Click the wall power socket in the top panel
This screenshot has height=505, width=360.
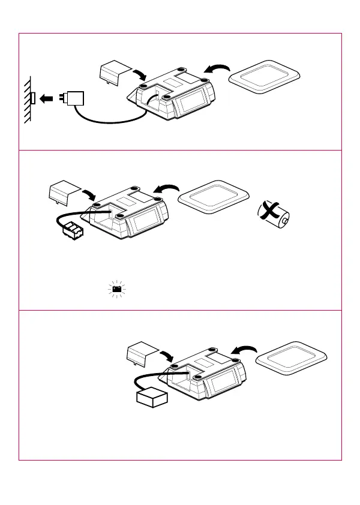click(x=33, y=98)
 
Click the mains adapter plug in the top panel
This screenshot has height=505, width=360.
click(x=76, y=98)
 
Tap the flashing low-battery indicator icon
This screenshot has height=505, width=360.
click(x=118, y=289)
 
